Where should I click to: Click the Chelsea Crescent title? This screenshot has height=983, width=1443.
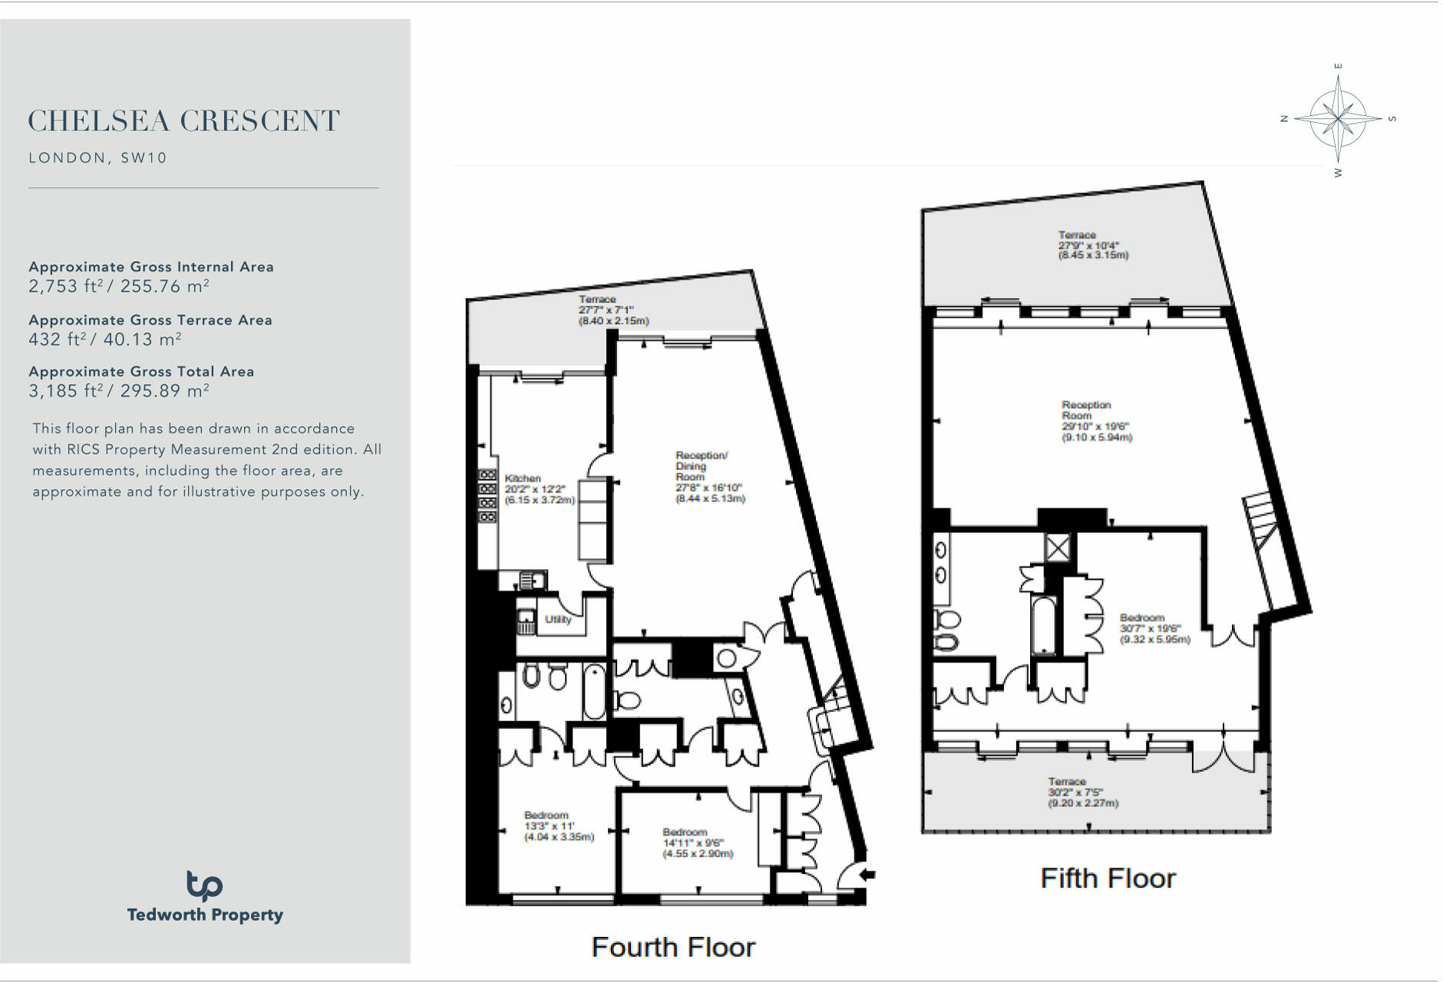pos(183,121)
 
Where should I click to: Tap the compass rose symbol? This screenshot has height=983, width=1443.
pos(1338,118)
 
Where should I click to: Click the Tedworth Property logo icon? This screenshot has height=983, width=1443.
pos(204,885)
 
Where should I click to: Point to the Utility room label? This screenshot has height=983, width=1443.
pos(558,619)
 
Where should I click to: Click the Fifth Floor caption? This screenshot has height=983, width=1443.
pos(1107,879)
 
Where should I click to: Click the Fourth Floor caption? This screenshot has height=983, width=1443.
pos(672,948)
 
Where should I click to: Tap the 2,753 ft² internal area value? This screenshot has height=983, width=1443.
pos(119,286)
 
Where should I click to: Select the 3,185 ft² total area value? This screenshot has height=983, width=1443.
pos(119,391)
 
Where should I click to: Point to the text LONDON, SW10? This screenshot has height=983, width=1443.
pos(97,158)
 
